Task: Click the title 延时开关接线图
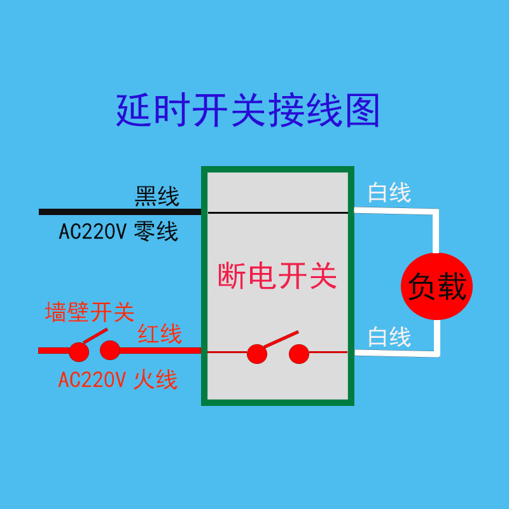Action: (248, 111)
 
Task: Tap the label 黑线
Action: (157, 196)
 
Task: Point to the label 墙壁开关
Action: (89, 312)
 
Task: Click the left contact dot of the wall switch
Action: (78, 352)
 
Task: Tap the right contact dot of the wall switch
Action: (110, 350)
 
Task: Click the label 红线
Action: (160, 333)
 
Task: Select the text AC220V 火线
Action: (118, 380)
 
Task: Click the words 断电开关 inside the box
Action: (277, 277)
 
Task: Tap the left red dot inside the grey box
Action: (257, 354)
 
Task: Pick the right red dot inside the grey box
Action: (298, 354)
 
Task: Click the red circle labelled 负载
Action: (437, 287)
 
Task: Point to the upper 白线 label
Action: (389, 192)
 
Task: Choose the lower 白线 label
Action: (389, 337)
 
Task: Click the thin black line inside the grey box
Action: (277, 213)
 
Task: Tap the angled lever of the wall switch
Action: (94, 335)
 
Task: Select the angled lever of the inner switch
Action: (281, 339)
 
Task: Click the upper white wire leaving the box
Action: (394, 211)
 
